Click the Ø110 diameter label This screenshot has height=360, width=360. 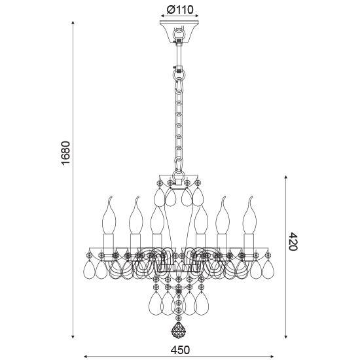(x=180, y=10)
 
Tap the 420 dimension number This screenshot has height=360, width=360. (x=293, y=242)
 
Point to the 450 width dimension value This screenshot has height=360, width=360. (x=180, y=350)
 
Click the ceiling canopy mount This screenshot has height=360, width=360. (x=179, y=31)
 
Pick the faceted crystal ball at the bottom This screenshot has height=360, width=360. (x=179, y=330)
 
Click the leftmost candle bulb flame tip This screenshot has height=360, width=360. (x=111, y=196)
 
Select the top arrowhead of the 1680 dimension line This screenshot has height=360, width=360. (x=73, y=22)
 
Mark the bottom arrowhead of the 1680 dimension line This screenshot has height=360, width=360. (x=73, y=336)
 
